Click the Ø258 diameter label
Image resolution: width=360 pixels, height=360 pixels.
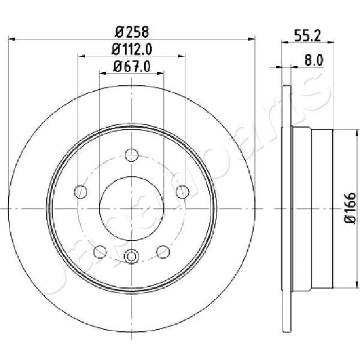[x=132, y=32]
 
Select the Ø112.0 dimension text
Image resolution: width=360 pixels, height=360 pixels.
[x=132, y=49]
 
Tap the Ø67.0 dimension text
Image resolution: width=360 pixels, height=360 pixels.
[x=132, y=67]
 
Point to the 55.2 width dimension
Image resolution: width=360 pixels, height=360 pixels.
[x=307, y=36]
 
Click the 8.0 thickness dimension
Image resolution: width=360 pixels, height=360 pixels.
[x=314, y=61]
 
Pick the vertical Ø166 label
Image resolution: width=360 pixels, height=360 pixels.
[x=350, y=208]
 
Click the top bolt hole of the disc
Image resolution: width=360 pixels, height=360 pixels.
[x=131, y=155]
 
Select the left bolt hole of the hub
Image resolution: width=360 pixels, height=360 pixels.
[x=80, y=192]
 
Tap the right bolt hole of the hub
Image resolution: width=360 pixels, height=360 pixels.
[x=182, y=192]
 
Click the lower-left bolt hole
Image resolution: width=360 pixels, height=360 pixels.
[x=100, y=251]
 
